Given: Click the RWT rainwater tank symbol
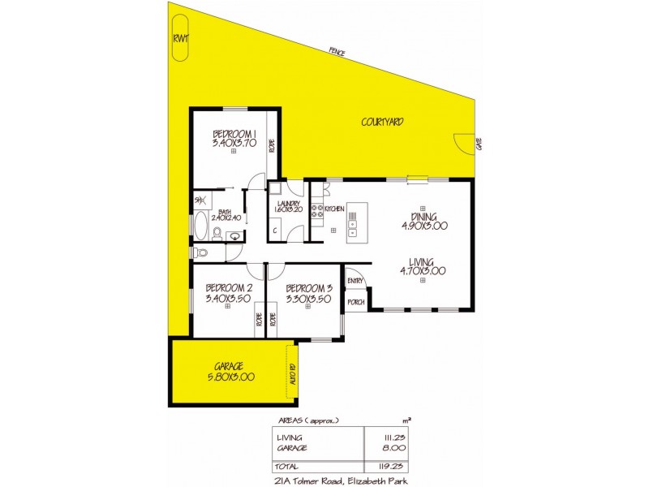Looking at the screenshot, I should click(x=179, y=47).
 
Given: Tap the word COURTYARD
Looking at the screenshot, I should click(x=382, y=123).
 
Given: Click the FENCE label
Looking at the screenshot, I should click(x=337, y=52).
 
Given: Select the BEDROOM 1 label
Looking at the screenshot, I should click(x=234, y=134).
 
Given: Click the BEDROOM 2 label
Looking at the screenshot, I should click(x=229, y=287).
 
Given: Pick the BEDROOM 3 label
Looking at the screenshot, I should click(x=309, y=287).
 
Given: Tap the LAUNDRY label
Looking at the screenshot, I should click(x=289, y=204).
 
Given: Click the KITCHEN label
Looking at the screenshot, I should click(x=335, y=209).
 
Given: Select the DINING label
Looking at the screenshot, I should click(x=424, y=217).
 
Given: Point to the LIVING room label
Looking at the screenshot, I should click(x=422, y=261).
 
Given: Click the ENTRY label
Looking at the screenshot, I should click(x=355, y=281).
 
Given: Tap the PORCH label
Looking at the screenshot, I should click(x=355, y=302).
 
